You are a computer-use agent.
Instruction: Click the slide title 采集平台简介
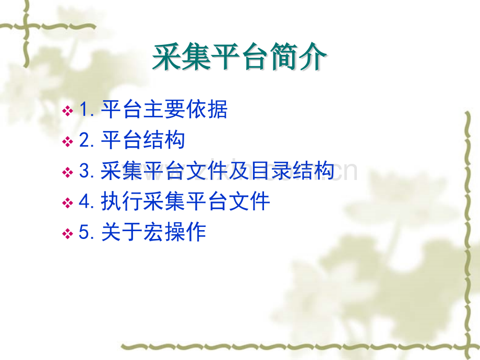pos(239,57)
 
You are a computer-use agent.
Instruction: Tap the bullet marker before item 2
pos(68,141)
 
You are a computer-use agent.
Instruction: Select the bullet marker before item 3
pos(68,172)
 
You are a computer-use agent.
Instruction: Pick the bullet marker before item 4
pos(68,202)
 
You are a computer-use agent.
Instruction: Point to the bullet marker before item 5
pos(68,233)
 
